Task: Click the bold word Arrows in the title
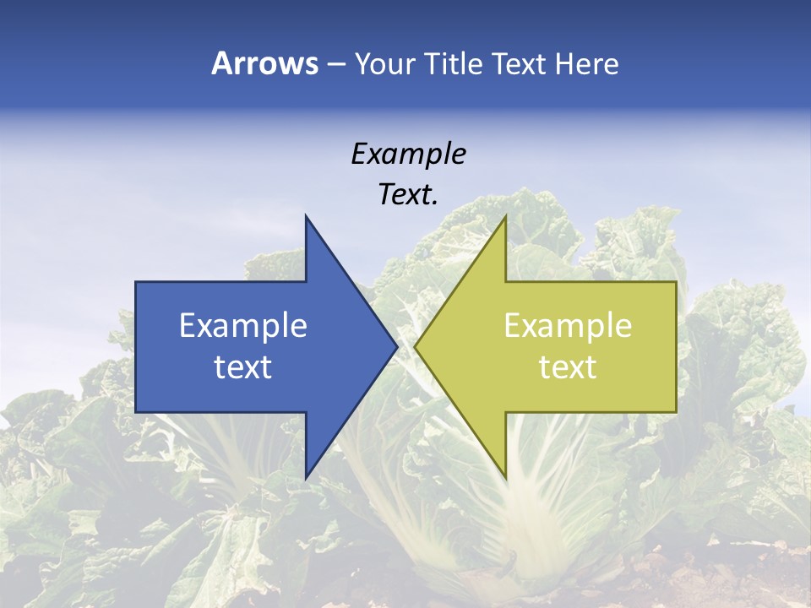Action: (265, 63)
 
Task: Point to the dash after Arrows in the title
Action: (335, 64)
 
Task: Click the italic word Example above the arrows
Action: (408, 154)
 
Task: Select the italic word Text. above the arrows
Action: (408, 194)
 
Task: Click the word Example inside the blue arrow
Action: (243, 325)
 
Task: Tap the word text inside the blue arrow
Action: (243, 366)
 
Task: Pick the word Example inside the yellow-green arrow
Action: (568, 325)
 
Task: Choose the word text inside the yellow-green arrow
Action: (568, 366)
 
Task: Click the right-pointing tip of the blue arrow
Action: (396, 346)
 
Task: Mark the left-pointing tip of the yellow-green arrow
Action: (416, 346)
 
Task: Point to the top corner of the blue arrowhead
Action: (306, 216)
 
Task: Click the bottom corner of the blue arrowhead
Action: (306, 477)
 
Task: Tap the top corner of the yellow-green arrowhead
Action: (505, 216)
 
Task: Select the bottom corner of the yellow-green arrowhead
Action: (505, 477)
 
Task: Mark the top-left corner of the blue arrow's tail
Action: (136, 282)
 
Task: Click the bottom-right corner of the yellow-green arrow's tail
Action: (676, 411)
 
